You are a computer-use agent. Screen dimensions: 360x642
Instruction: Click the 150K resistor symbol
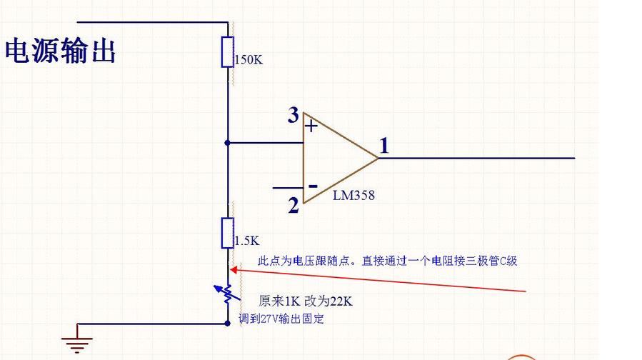(x=228, y=52)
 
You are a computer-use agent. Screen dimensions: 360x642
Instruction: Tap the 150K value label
(x=249, y=60)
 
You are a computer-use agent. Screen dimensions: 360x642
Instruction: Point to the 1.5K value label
(x=246, y=241)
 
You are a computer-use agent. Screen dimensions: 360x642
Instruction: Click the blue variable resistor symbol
(x=226, y=293)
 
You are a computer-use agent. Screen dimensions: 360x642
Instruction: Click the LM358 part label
(x=353, y=195)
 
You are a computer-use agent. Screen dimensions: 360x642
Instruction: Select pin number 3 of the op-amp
(x=293, y=115)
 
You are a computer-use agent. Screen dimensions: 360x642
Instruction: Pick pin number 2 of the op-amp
(x=294, y=206)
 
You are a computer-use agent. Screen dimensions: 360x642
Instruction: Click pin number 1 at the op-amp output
(x=384, y=146)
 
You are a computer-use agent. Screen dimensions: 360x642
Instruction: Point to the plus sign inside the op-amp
(x=311, y=126)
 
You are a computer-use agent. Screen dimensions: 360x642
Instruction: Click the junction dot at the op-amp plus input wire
(x=228, y=142)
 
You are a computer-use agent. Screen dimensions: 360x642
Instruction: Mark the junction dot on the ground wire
(x=228, y=323)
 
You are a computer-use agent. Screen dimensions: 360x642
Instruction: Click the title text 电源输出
(x=61, y=51)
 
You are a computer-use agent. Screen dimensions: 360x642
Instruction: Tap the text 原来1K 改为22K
(x=305, y=301)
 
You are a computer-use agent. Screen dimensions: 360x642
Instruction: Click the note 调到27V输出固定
(x=281, y=319)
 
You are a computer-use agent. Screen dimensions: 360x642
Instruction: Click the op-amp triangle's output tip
(x=378, y=158)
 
